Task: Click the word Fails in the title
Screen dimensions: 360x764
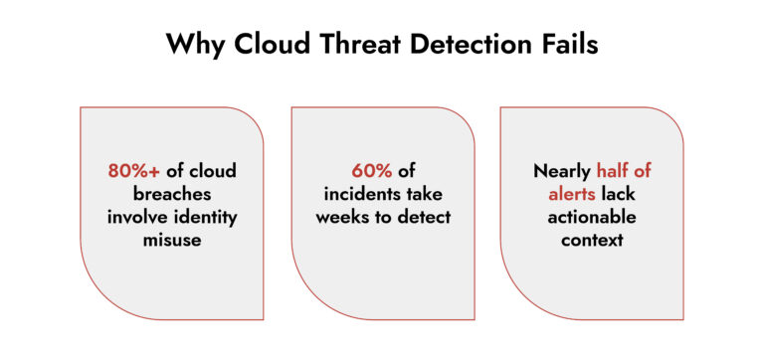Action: [568, 45]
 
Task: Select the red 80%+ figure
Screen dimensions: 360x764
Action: [133, 170]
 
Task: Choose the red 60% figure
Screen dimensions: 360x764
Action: [370, 170]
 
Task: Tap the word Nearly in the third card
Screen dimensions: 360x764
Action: [562, 170]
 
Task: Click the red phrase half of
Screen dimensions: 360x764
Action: [624, 170]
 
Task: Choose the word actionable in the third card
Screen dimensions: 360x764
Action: [591, 216]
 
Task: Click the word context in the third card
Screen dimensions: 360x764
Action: [591, 239]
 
